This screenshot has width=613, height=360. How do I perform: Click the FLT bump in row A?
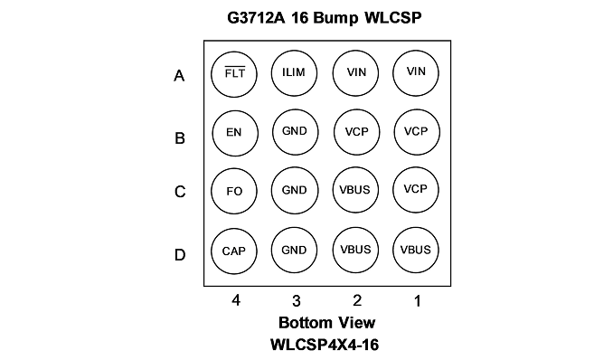(x=234, y=74)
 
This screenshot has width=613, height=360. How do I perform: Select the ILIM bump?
(x=294, y=73)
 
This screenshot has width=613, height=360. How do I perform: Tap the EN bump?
(x=235, y=133)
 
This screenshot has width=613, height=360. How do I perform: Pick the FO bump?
(x=234, y=192)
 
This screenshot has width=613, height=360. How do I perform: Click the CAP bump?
(x=234, y=251)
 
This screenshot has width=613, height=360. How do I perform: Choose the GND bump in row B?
(x=295, y=132)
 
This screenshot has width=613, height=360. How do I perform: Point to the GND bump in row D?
(x=294, y=250)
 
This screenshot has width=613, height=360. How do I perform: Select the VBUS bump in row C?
(x=355, y=190)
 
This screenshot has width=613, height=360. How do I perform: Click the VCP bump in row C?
(x=416, y=190)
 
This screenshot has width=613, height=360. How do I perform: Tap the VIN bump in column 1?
(x=416, y=72)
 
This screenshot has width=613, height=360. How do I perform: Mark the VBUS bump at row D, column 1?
(x=416, y=250)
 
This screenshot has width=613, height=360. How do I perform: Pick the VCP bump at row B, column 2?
(x=356, y=132)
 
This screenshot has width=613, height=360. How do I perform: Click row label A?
(x=179, y=75)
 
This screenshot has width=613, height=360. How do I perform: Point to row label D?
(x=180, y=255)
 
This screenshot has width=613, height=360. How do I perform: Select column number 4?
(x=236, y=300)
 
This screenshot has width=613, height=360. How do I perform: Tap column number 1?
(x=418, y=301)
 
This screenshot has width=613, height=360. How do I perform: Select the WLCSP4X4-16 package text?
(x=325, y=345)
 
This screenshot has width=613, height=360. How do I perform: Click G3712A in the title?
(x=257, y=18)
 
